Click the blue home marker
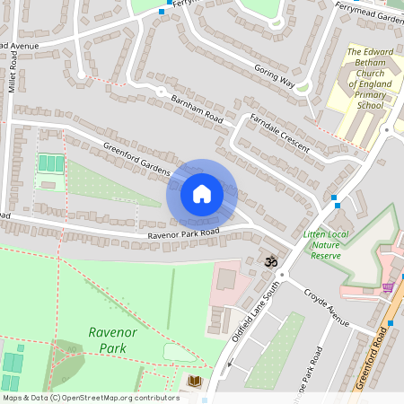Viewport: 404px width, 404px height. pos(202,194)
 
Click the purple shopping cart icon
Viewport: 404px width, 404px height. pos(388,286)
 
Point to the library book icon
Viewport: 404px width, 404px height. pos(193,382)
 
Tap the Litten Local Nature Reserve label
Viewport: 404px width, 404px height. pos(326,244)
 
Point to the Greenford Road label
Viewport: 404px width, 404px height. pos(375,356)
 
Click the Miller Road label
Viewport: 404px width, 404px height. pos(13,70)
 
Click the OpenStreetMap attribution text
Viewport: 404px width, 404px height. pos(91,398)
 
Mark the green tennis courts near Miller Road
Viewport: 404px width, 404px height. pos(51,164)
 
